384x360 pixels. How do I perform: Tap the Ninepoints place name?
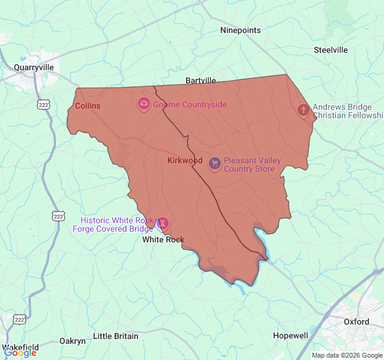[x=241, y=30]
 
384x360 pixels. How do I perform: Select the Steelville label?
[x=331, y=50]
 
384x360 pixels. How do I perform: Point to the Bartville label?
[x=200, y=80]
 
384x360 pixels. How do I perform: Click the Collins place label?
[x=88, y=106]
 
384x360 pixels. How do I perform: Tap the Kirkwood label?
[x=185, y=160]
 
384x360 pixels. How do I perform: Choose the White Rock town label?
[x=163, y=239]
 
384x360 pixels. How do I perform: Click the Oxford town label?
[x=356, y=322]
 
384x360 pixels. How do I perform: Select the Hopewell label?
[x=290, y=335]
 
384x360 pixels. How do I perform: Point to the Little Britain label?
[x=116, y=336]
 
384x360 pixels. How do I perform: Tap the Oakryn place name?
[x=73, y=341]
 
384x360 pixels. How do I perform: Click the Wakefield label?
[x=21, y=347]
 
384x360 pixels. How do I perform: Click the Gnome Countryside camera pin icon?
[x=144, y=104]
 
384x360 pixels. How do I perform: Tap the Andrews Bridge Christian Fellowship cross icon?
[x=304, y=110]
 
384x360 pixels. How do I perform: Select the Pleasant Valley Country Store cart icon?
[x=214, y=163]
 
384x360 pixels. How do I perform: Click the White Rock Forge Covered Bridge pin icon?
[x=163, y=224]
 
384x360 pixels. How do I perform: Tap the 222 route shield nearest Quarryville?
[x=43, y=105]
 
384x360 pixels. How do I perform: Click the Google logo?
[x=20, y=353]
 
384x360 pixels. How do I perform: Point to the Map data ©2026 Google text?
[x=346, y=355]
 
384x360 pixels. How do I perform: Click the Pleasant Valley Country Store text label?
[x=249, y=164]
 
